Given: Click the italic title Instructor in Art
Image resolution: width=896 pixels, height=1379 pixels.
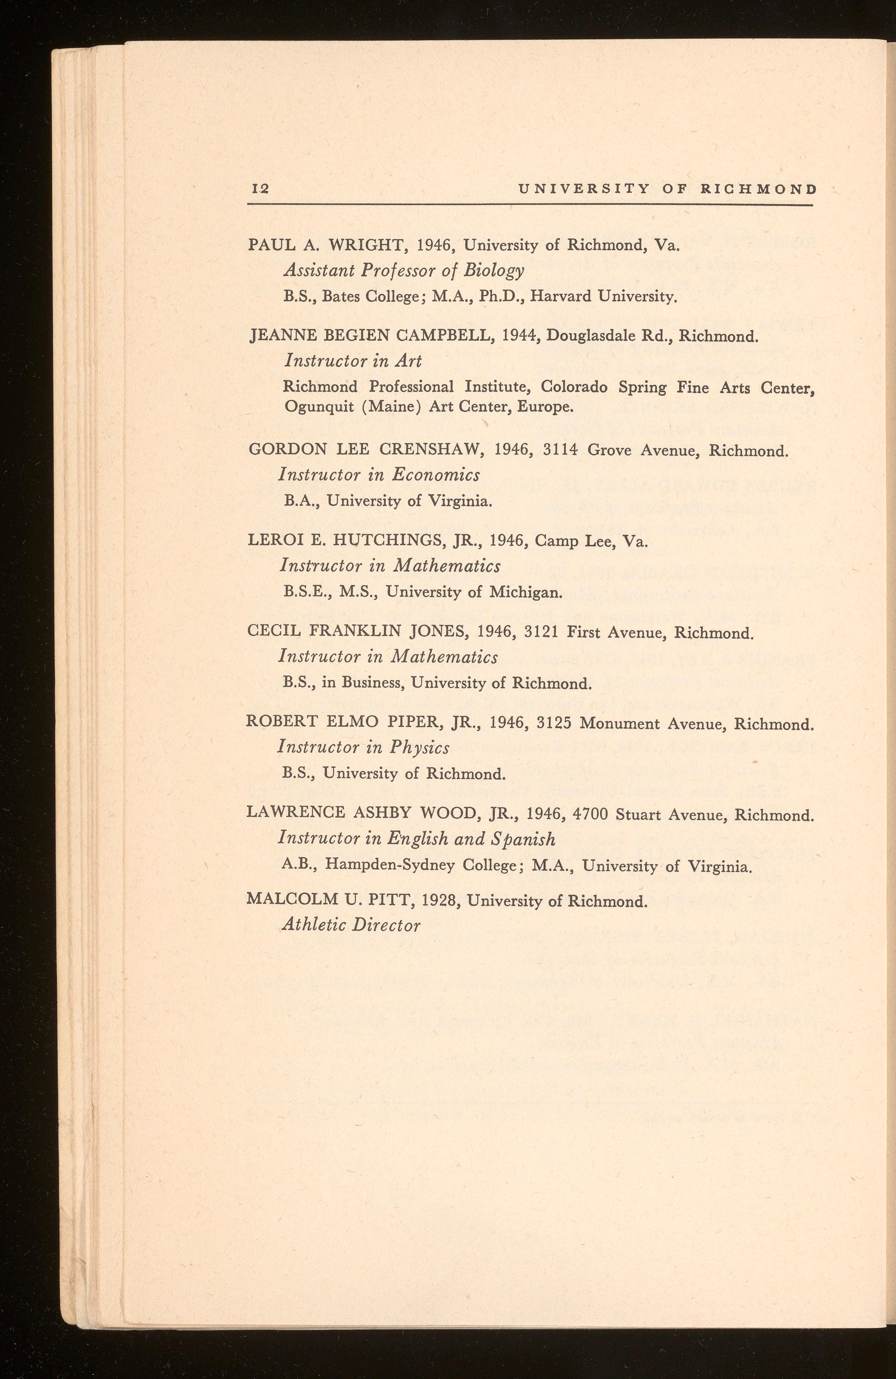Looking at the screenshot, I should pyautogui.click(x=353, y=361).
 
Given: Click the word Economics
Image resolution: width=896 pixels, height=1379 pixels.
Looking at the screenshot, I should pyautogui.click(x=436, y=475).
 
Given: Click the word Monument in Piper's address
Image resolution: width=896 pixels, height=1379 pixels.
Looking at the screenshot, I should pyautogui.click(x=622, y=724).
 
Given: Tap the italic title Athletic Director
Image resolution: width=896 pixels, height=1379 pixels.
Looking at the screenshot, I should pyautogui.click(x=351, y=925).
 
